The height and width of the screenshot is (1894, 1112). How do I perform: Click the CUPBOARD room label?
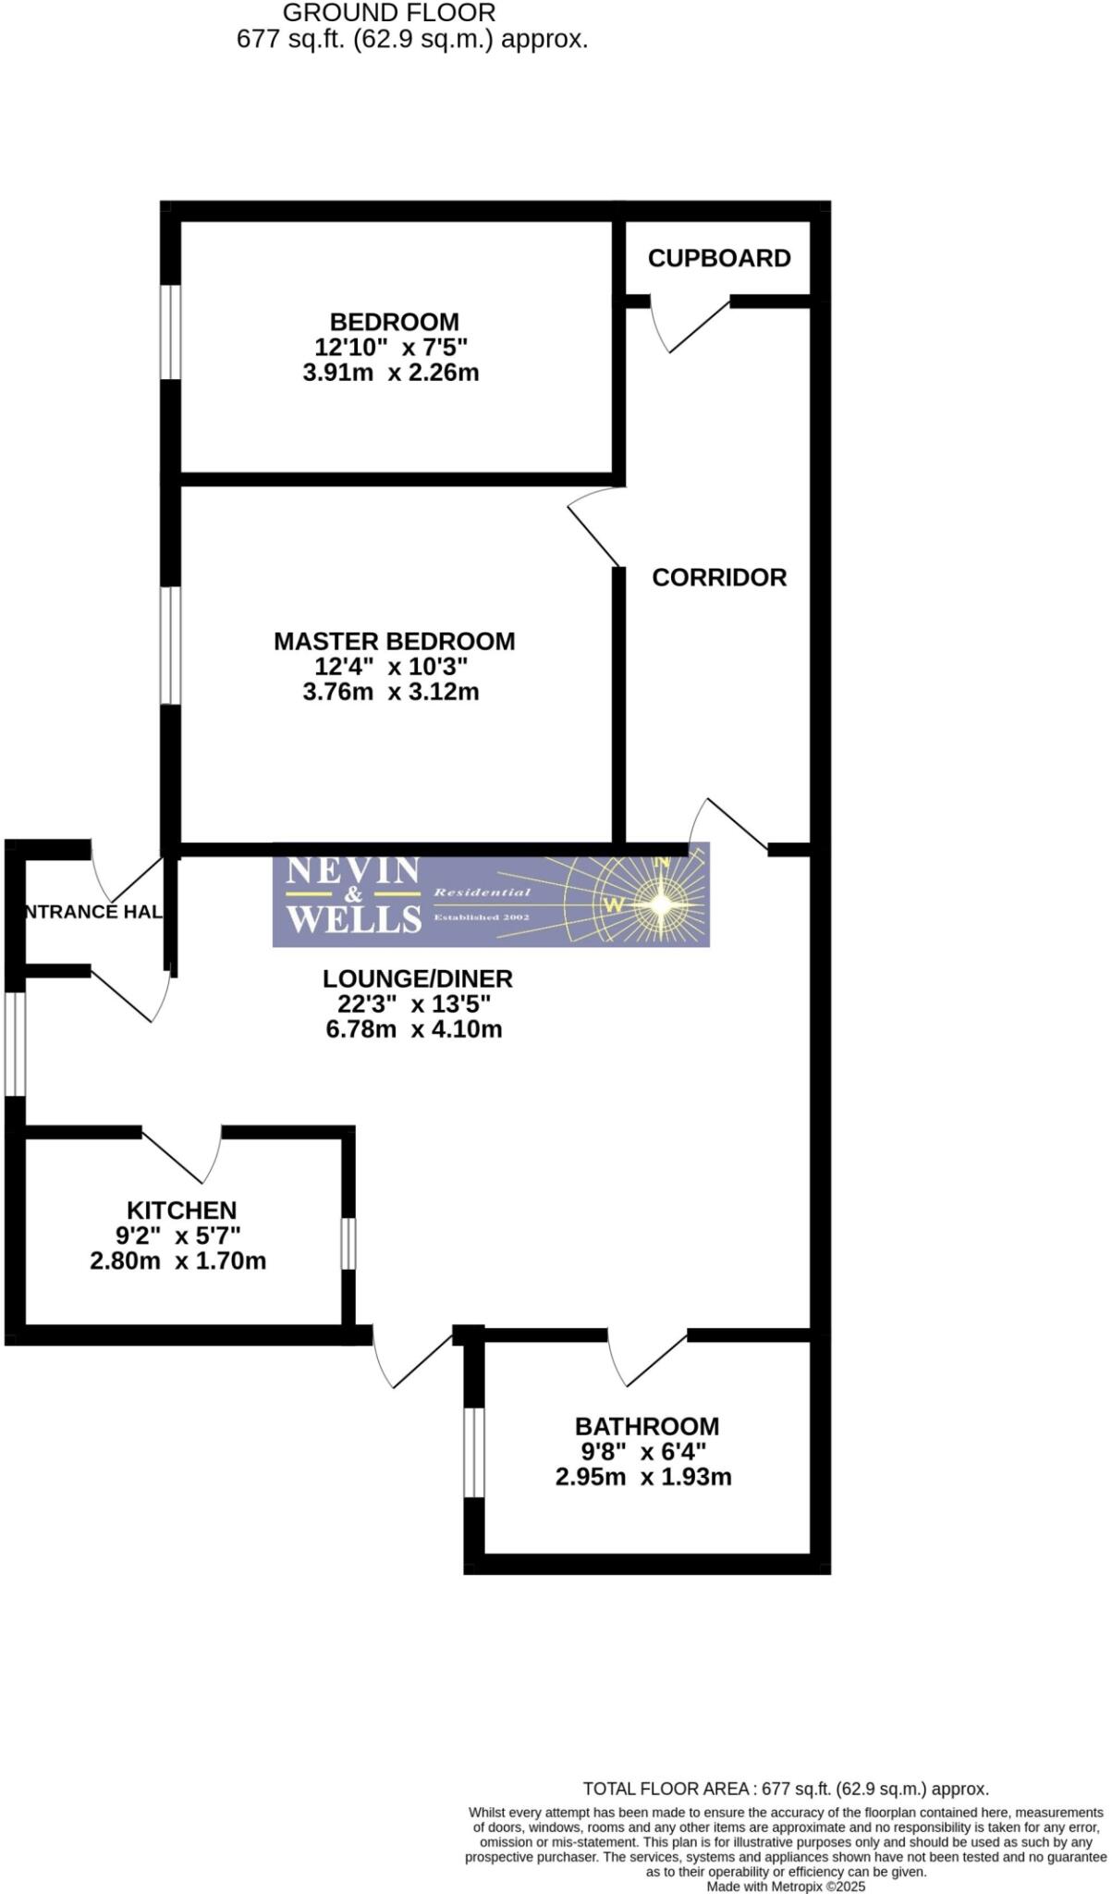(718, 258)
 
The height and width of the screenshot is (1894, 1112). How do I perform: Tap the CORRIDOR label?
(718, 577)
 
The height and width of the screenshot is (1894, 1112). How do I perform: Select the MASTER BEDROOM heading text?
(394, 641)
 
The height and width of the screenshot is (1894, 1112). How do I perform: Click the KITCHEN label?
(181, 1210)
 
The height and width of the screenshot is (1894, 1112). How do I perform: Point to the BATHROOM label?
(646, 1426)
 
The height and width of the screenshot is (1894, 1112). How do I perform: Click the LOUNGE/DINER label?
(417, 978)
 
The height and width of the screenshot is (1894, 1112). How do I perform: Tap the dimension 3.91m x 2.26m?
(391, 373)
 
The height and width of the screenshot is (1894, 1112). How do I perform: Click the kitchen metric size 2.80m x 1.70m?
(177, 1261)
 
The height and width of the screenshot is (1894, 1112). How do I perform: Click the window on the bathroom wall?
(473, 1452)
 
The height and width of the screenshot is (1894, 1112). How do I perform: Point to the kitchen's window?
(348, 1244)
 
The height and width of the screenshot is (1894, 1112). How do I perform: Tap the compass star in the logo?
(661, 904)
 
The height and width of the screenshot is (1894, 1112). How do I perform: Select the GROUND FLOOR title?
(388, 13)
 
